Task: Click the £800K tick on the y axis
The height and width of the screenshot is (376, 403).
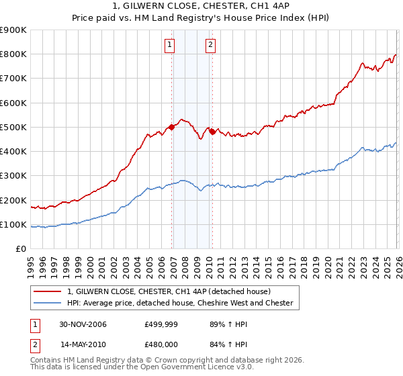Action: point(13,54)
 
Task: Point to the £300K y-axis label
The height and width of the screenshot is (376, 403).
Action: point(13,176)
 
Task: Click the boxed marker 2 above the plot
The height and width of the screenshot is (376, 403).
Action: point(210,45)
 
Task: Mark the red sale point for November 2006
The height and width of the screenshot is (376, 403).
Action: point(172,127)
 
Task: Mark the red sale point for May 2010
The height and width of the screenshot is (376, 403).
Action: point(212,132)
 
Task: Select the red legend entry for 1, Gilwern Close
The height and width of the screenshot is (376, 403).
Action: point(168,291)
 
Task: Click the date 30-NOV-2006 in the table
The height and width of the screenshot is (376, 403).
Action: point(83,324)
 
